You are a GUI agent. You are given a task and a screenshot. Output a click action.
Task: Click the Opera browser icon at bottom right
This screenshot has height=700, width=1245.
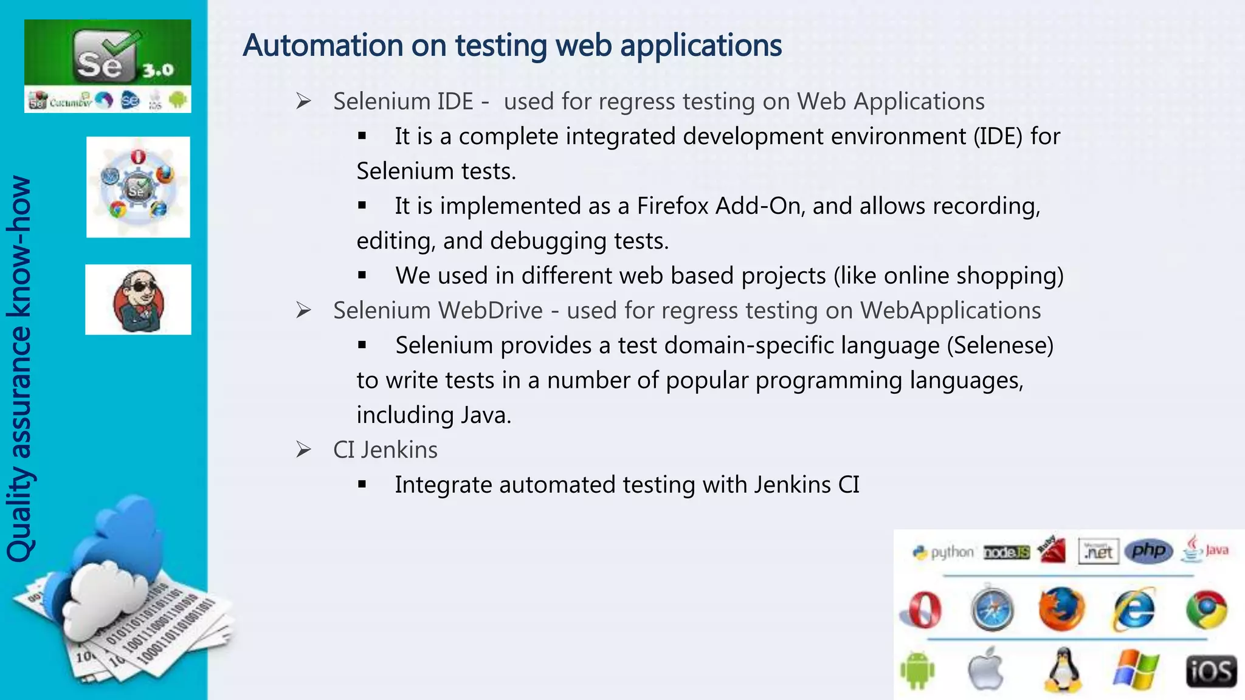[922, 609]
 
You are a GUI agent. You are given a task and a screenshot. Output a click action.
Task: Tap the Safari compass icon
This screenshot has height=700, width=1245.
[992, 609]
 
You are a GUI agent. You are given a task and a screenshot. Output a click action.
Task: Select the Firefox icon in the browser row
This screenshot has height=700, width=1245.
[1061, 609]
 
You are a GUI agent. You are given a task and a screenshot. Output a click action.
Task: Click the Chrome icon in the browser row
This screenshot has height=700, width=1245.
[1207, 609]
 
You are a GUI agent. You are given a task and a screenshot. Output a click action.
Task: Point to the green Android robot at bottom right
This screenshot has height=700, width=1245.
[917, 670]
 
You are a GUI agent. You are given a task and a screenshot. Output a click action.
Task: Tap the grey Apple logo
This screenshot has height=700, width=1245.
[986, 669]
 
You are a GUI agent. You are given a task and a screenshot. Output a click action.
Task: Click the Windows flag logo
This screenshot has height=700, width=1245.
[1136, 671]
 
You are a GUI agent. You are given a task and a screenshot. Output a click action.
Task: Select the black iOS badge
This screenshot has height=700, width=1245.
[1211, 671]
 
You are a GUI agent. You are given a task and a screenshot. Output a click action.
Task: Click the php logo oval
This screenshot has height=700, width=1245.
[1148, 551]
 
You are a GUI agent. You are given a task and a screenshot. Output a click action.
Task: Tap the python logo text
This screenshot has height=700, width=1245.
[951, 552]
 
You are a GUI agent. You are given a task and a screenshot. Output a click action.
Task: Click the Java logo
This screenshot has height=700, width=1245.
[1205, 549]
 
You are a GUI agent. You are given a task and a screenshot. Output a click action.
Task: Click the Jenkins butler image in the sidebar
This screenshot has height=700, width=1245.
[139, 300]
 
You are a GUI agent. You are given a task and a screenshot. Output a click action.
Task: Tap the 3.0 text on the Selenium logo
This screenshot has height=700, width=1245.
[158, 70]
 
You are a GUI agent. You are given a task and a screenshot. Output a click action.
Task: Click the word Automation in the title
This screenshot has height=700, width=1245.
[323, 46]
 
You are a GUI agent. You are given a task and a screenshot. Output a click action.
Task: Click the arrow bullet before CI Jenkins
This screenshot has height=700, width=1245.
[303, 450]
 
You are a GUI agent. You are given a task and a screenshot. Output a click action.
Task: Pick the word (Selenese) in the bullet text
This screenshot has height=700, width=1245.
[1000, 345]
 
